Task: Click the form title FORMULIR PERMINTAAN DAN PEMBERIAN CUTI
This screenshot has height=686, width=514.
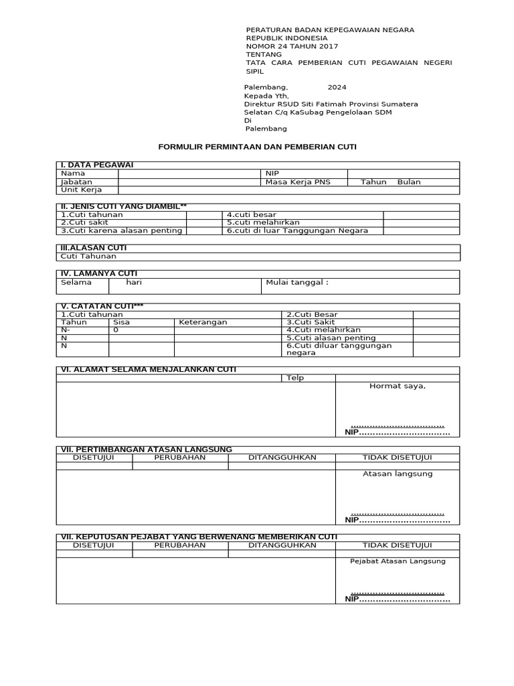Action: pos(258,147)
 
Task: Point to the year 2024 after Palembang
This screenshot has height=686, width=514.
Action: pos(337,87)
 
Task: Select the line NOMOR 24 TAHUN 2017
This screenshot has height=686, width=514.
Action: pos(292,46)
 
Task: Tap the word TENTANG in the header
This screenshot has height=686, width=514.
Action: pos(264,54)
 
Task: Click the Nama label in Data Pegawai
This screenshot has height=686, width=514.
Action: pos(73,174)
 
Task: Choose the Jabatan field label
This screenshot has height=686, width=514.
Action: pos(76,182)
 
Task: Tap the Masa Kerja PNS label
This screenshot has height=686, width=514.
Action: pos(298,182)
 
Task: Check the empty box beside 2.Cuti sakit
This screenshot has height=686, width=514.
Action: pos(204,222)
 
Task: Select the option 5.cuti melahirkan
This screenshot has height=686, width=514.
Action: pos(263,222)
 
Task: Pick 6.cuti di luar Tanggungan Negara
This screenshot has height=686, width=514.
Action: pos(297,231)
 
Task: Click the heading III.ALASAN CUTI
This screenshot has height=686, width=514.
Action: pos(94,248)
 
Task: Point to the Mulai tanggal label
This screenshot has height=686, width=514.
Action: pos(297,283)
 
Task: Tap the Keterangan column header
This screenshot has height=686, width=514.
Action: pos(203,322)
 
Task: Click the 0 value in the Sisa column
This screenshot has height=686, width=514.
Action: pos(116,330)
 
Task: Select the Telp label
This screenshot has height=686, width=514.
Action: pos(295,378)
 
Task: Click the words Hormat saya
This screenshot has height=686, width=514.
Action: pos(397,387)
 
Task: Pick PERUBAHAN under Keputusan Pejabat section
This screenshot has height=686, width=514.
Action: pos(180,545)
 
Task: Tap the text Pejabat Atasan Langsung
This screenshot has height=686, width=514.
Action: pos(397,561)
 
